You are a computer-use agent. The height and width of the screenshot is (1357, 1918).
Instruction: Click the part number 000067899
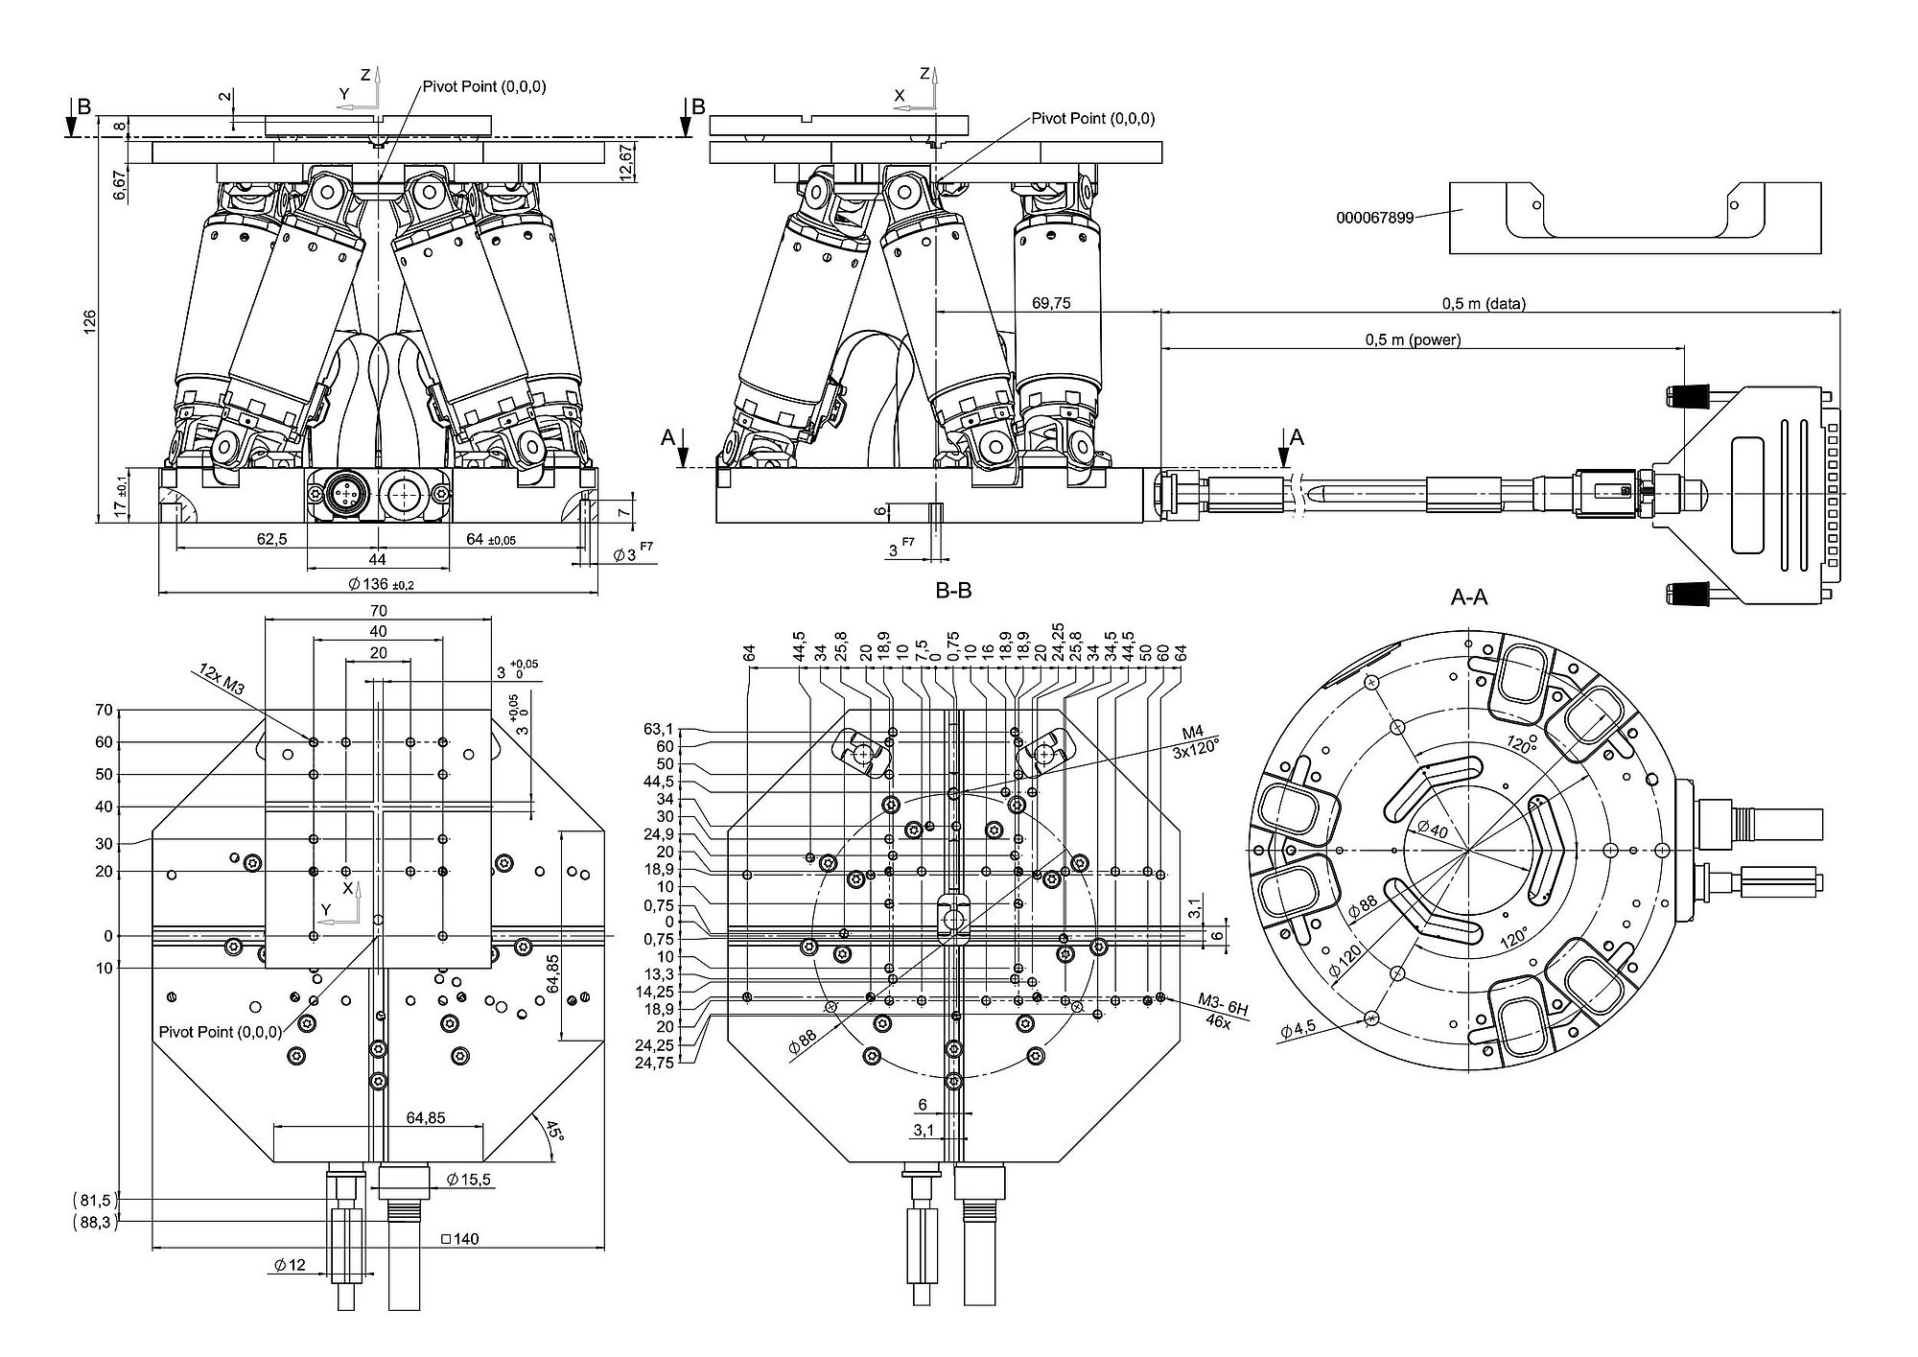pyautogui.click(x=1374, y=218)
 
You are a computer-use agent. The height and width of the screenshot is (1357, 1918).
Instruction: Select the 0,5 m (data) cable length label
pyautogui.click(x=1483, y=303)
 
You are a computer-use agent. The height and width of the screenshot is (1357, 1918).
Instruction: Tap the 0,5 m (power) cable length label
pyautogui.click(x=1413, y=339)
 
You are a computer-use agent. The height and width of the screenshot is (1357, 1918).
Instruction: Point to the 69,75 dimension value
pyautogui.click(x=1051, y=303)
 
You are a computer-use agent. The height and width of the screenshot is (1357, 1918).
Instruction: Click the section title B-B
pyautogui.click(x=953, y=591)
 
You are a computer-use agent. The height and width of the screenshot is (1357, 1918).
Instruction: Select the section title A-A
pyautogui.click(x=1468, y=598)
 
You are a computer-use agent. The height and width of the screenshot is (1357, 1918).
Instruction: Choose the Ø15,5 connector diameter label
pyautogui.click(x=469, y=1180)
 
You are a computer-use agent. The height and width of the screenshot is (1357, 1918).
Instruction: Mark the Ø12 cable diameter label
pyautogui.click(x=290, y=1265)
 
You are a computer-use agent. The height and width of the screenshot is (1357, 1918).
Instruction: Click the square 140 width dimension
pyautogui.click(x=459, y=1239)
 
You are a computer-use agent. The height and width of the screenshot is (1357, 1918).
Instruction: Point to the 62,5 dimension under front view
pyautogui.click(x=271, y=539)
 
